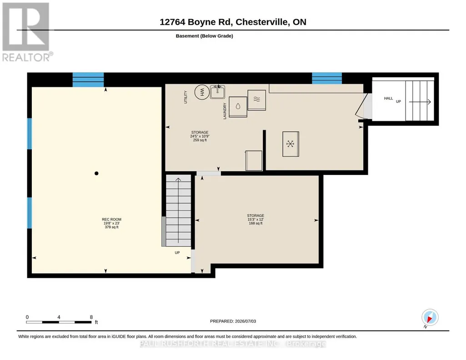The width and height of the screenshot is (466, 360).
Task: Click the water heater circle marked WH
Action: (x=202, y=92)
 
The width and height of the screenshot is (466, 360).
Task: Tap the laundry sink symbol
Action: (x=218, y=91)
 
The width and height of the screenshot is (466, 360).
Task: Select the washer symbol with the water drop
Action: (x=238, y=107)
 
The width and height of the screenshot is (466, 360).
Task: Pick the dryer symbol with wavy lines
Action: (x=257, y=100)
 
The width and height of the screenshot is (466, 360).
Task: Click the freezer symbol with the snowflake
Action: (x=291, y=144)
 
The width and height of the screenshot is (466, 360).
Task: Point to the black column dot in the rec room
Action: (x=96, y=173)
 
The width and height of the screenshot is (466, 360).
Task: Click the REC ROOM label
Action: (x=112, y=220)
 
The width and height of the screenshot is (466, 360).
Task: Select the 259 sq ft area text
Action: (x=200, y=140)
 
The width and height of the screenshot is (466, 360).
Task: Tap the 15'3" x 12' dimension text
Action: (x=256, y=220)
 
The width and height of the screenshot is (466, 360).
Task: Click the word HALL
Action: (x=388, y=98)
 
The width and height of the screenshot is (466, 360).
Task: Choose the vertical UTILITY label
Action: (x=186, y=97)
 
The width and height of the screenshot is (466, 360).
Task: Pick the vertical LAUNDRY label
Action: (x=225, y=111)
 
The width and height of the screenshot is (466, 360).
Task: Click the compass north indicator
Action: (x=430, y=318)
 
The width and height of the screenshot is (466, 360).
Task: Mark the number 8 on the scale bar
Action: (x=91, y=317)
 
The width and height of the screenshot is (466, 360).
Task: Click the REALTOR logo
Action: (x=27, y=32)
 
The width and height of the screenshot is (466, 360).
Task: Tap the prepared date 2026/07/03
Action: (x=246, y=321)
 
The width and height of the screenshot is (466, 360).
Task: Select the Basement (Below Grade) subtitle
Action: (x=205, y=36)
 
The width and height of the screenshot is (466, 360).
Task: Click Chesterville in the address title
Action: (x=262, y=22)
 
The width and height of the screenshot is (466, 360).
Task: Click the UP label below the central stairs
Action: (x=177, y=253)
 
